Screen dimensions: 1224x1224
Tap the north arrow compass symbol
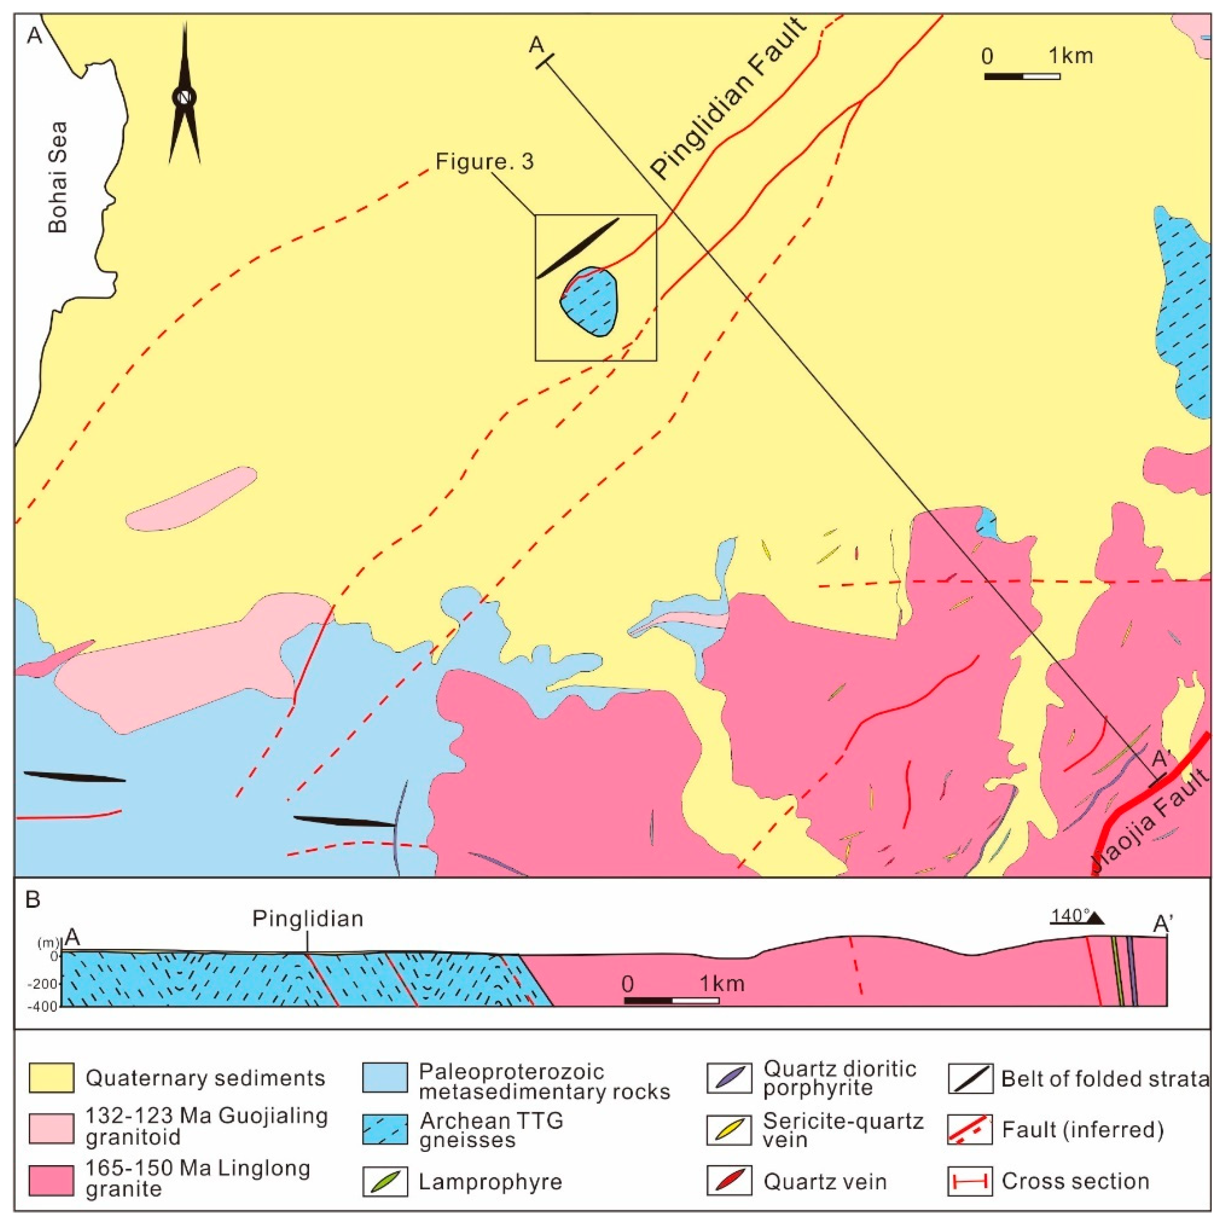pyautogui.click(x=184, y=96)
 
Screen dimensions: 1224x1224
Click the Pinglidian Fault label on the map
pyautogui.click(x=729, y=98)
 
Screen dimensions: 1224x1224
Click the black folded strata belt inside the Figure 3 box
pyautogui.click(x=578, y=248)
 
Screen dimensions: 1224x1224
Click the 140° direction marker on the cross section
pyautogui.click(x=1077, y=917)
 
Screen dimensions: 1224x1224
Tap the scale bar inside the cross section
pyautogui.click(x=671, y=1000)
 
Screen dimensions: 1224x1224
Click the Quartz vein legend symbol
pyautogui.click(x=729, y=1181)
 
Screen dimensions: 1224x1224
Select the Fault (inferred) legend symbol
pyautogui.click(x=970, y=1130)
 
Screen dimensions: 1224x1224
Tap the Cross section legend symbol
pyautogui.click(x=970, y=1182)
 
